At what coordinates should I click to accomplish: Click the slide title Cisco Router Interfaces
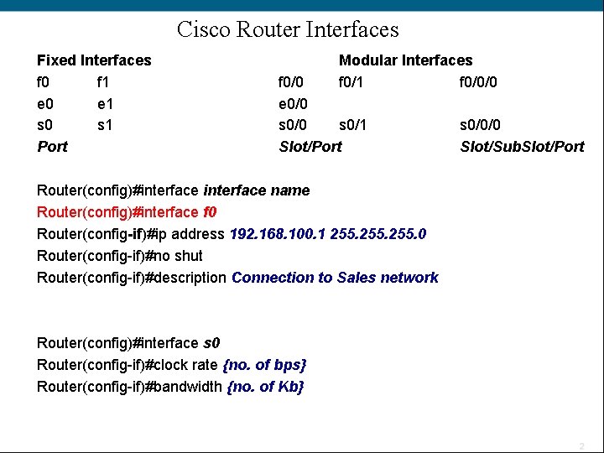point(288,30)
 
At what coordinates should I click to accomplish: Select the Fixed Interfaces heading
point(94,60)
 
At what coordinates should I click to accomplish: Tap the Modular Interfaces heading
point(405,60)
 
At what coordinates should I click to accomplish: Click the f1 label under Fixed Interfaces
point(104,82)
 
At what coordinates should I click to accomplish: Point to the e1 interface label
point(105,104)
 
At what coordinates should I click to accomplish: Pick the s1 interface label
point(105,126)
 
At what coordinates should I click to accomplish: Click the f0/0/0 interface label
point(479,82)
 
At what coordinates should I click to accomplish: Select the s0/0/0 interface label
point(480,126)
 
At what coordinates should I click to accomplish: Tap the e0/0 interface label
point(293,104)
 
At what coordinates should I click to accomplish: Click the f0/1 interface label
point(353,82)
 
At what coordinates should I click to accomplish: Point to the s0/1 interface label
point(353,126)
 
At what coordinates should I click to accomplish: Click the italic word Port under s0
point(52,147)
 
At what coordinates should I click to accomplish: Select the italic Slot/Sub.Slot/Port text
point(522,147)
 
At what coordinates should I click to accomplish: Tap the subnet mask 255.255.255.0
point(378,234)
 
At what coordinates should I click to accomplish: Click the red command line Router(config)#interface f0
point(127,212)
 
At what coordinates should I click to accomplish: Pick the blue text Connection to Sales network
point(335,278)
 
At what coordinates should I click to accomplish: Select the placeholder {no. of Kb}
point(265,387)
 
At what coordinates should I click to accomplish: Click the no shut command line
point(120,256)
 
